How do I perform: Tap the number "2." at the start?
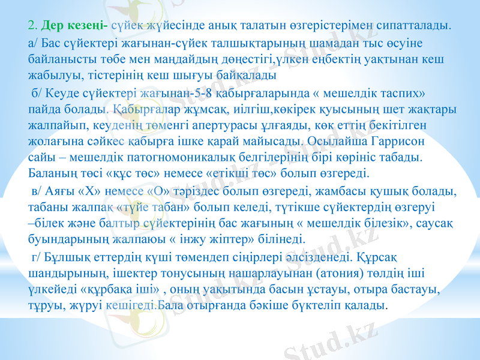(33, 26)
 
